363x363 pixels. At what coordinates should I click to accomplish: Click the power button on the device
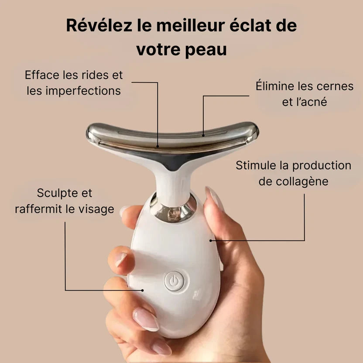pos(174,281)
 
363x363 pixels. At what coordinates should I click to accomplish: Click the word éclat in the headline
pos(250,25)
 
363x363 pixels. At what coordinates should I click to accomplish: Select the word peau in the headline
pos(206,50)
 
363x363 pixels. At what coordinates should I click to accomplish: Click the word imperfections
pos(83,90)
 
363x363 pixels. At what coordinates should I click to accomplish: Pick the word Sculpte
pos(56,193)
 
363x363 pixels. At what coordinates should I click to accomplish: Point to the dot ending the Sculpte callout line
pos(143,290)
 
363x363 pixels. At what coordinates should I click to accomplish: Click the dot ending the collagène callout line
pos(211,241)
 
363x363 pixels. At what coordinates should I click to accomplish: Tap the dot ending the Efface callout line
pos(158,146)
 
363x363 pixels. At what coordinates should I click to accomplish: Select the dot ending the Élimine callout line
pos(203,135)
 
